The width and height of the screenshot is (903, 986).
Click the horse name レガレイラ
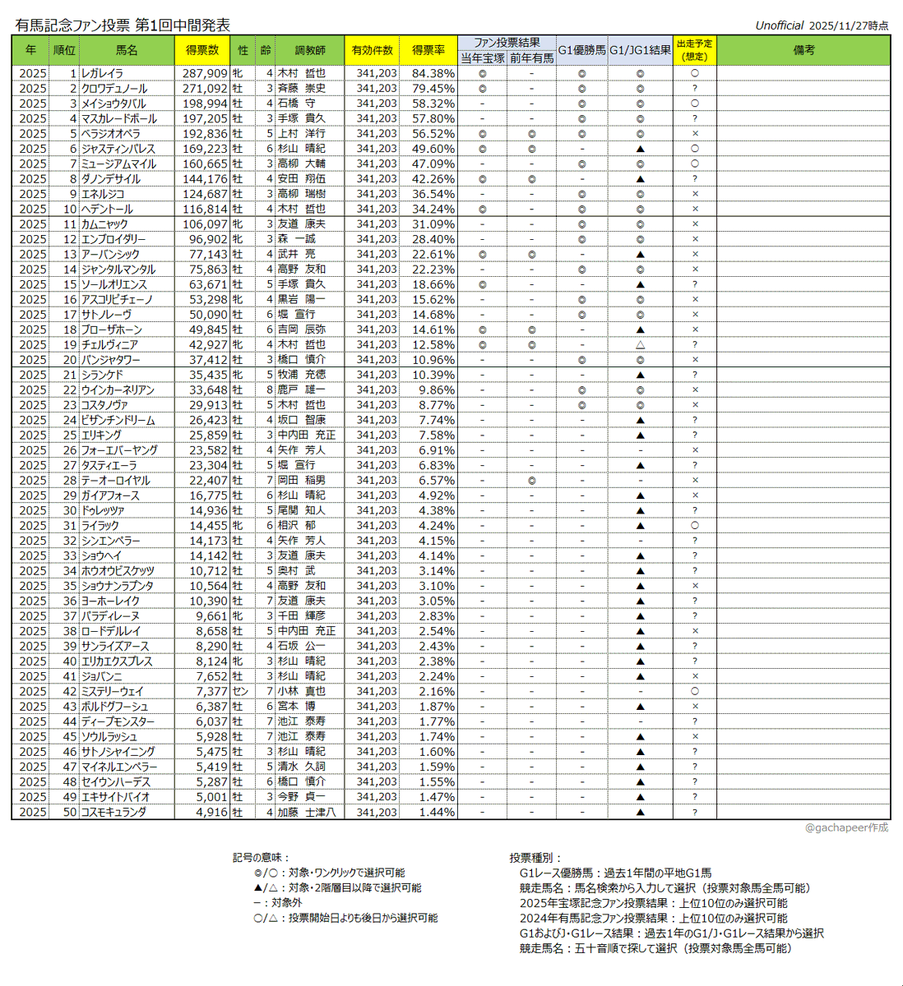pyautogui.click(x=102, y=73)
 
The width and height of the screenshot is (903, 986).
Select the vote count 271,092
pyautogui.click(x=205, y=89)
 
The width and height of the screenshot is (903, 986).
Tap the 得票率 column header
pyautogui.click(x=428, y=50)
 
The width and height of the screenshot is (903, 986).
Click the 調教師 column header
pyautogui.click(x=310, y=50)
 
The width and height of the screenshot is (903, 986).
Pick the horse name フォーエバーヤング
pyautogui.click(x=119, y=450)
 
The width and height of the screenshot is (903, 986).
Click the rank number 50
pyautogui.click(x=69, y=812)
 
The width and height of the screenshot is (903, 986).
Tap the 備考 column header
pyautogui.click(x=803, y=50)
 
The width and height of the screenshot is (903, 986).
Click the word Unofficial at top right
pyautogui.click(x=779, y=25)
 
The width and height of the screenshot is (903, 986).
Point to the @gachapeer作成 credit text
pyautogui.click(x=846, y=827)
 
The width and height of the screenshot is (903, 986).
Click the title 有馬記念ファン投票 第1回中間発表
pyautogui.click(x=123, y=25)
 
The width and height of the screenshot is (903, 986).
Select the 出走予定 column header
pyautogui.click(x=695, y=50)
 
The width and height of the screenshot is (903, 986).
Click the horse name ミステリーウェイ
pyautogui.click(x=112, y=692)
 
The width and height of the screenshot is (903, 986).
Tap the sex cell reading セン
pyautogui.click(x=239, y=692)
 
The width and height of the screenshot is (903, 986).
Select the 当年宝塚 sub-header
pyautogui.click(x=483, y=58)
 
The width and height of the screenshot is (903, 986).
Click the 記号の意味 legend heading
pyautogui.click(x=262, y=858)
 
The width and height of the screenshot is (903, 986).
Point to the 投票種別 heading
pyautogui.click(x=536, y=858)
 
